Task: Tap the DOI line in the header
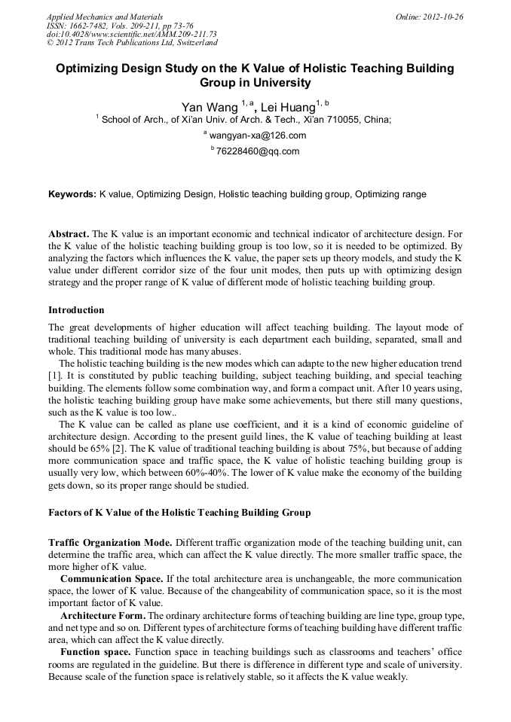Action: click(131, 34)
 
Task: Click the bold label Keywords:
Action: click(72, 194)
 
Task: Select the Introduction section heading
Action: click(76, 310)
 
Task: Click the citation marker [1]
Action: click(54, 375)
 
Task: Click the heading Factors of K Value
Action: click(179, 513)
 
